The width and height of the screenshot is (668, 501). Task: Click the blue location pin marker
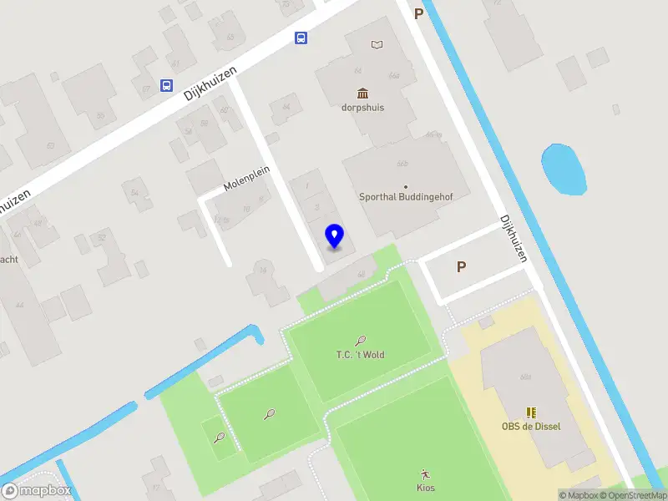334,236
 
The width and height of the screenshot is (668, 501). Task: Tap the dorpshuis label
362,108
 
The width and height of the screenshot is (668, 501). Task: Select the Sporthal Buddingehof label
405,198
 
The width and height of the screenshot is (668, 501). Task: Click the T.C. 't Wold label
360,355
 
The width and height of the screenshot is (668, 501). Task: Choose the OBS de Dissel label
531,426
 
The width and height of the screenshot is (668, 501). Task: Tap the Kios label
426,488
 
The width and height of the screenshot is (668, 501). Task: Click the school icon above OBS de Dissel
531,412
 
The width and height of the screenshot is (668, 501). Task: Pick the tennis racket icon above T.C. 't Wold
361,341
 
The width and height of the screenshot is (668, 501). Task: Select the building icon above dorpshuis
362,93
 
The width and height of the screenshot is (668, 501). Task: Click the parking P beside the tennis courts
460,267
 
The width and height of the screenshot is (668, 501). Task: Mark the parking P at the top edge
418,13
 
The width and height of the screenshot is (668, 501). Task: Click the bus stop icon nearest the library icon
301,38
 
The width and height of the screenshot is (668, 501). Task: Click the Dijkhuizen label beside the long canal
513,239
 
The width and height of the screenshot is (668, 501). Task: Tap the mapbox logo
37,490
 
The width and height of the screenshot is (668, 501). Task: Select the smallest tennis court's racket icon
219,437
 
